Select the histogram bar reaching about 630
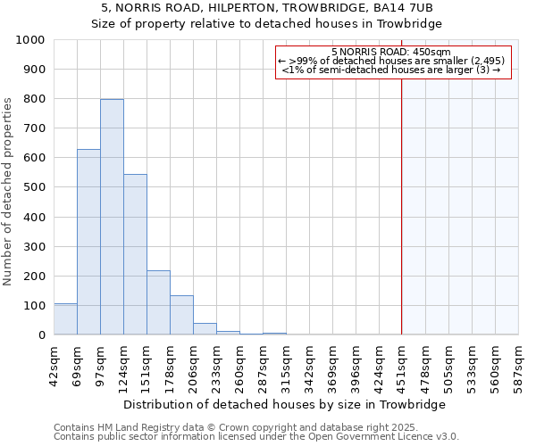(x=88, y=242)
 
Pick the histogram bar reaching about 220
(x=158, y=302)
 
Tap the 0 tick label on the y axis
(x=41, y=335)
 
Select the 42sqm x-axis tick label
(x=54, y=361)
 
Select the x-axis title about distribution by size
(x=286, y=404)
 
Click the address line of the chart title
(x=268, y=8)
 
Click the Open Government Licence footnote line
(x=256, y=437)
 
